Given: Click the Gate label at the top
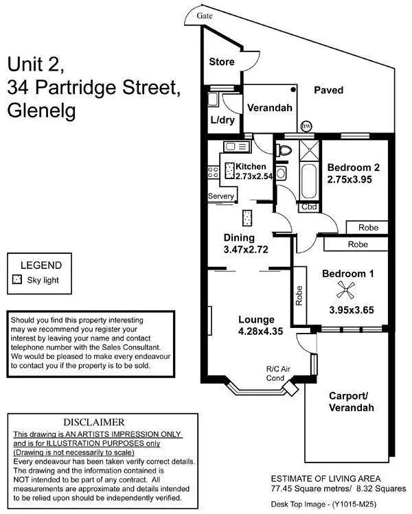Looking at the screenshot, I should (204, 15).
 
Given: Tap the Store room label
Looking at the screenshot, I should (222, 62).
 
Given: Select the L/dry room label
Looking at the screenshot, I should (222, 120).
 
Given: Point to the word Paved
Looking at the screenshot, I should (328, 90).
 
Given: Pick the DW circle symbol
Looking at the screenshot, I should (306, 126).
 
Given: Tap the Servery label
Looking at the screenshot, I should (221, 196).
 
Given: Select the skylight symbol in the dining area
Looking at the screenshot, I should (246, 218).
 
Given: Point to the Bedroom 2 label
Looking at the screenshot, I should (353, 167).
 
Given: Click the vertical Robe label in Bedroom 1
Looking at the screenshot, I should (299, 295).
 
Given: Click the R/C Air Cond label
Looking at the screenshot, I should (275, 374).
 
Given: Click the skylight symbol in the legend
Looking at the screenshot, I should (17, 280).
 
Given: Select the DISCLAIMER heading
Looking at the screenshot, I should (94, 422).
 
